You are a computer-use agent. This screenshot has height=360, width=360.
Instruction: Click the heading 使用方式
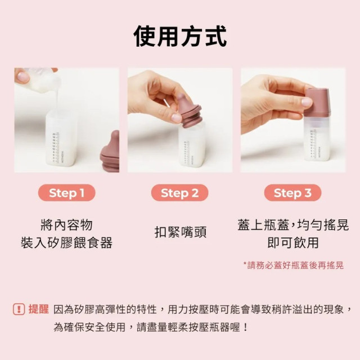click(180, 36)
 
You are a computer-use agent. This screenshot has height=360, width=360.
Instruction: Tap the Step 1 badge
click(66, 193)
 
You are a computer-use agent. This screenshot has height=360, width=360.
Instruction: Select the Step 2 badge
click(179, 193)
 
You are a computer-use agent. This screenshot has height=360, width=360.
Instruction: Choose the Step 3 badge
click(292, 193)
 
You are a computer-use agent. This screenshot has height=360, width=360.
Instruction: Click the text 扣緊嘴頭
click(179, 232)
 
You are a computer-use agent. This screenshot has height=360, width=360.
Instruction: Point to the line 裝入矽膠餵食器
click(66, 243)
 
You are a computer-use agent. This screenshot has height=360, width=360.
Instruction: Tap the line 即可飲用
click(292, 243)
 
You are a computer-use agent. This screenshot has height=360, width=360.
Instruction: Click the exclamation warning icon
click(19, 309)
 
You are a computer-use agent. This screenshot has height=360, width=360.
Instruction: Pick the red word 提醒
click(38, 309)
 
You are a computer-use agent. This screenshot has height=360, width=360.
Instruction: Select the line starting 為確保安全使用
click(151, 327)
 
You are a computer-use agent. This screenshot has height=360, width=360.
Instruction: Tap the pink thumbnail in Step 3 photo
click(307, 102)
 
